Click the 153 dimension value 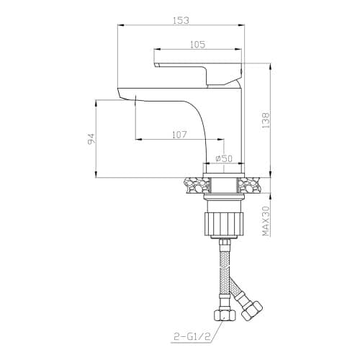pyautogui.click(x=181, y=20)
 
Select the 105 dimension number pyautogui.click(x=197, y=45)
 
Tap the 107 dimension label pyautogui.click(x=179, y=135)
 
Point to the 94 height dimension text pyautogui.click(x=91, y=139)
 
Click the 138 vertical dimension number pyautogui.click(x=266, y=120)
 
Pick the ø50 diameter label pyautogui.click(x=224, y=158)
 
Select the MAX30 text pyautogui.click(x=266, y=221)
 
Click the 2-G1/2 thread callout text pyautogui.click(x=192, y=337)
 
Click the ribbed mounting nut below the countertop pyautogui.click(x=223, y=224)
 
